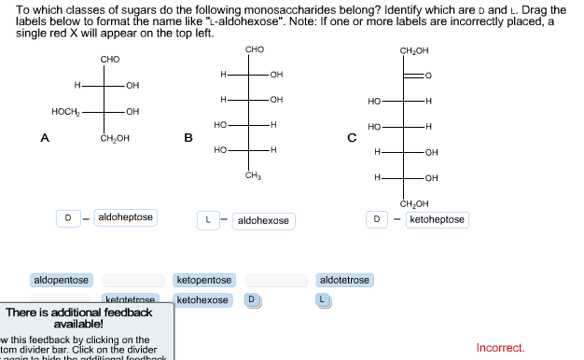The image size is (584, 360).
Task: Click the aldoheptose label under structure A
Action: (x=126, y=217)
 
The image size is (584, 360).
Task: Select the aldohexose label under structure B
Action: (x=264, y=221)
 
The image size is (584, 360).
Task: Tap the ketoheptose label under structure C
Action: (x=438, y=219)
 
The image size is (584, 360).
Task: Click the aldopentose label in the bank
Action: (x=62, y=280)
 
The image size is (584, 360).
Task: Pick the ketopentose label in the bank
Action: (x=204, y=280)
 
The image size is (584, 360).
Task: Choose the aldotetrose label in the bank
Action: (x=345, y=280)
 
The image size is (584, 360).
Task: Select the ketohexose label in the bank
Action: (x=202, y=300)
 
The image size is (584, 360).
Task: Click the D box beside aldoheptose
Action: (x=67, y=218)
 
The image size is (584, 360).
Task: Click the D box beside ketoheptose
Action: (x=377, y=219)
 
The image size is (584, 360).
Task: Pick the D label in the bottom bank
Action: (x=251, y=299)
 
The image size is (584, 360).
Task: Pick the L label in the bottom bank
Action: (x=321, y=299)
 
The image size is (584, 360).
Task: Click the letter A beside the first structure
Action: (x=44, y=137)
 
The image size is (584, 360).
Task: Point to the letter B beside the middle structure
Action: (x=188, y=139)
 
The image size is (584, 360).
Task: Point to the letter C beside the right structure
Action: (x=352, y=139)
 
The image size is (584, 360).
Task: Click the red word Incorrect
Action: (x=500, y=348)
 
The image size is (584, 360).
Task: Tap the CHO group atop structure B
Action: (x=254, y=49)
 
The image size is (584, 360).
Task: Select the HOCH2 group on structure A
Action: (x=66, y=112)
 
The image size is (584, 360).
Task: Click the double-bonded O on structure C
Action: (x=429, y=75)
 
